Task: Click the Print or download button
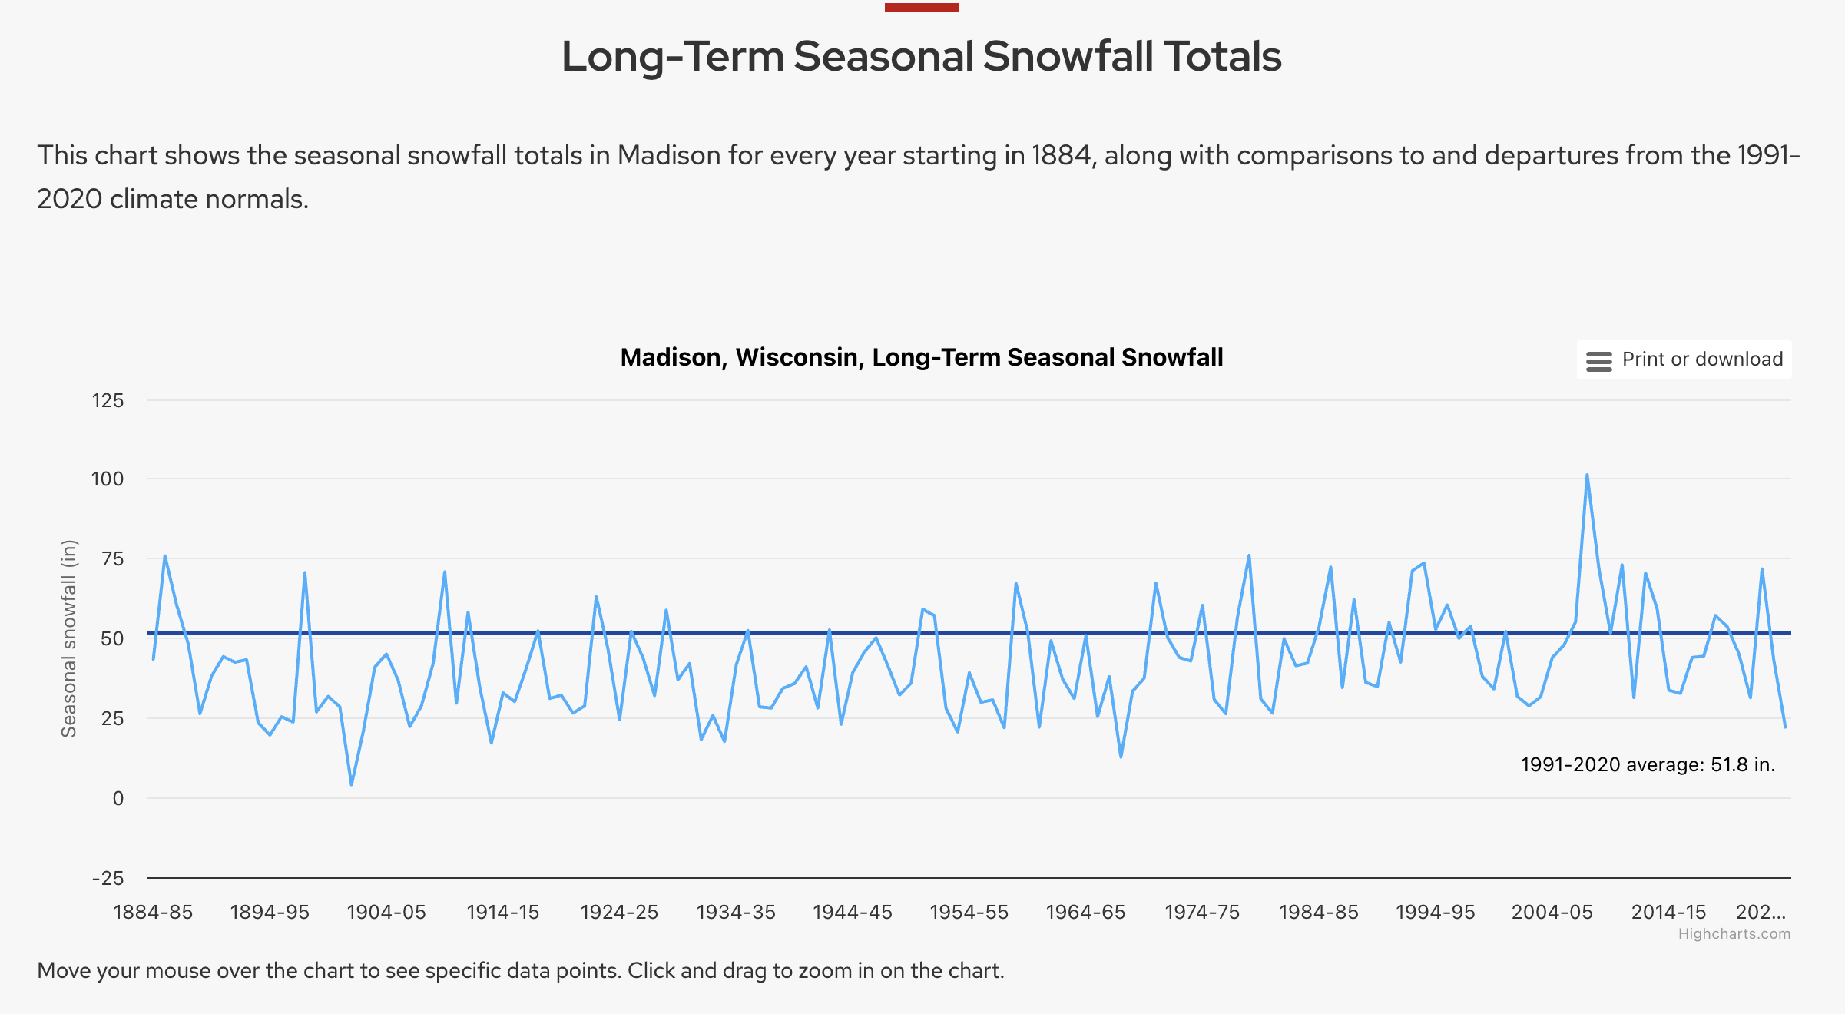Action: [x=1684, y=360]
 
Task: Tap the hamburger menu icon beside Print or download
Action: [x=1598, y=361]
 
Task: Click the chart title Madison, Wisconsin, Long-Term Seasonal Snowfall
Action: [x=921, y=357]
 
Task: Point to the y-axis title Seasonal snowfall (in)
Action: [x=69, y=638]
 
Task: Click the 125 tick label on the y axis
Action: [x=108, y=400]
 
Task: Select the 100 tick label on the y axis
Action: [x=108, y=479]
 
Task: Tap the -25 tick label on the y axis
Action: [x=108, y=878]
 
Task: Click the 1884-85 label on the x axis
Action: [x=153, y=912]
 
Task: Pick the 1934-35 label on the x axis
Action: [x=736, y=912]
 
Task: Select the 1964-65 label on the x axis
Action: [x=1085, y=912]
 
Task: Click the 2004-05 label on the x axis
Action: [x=1552, y=912]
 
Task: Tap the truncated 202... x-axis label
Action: [x=1761, y=912]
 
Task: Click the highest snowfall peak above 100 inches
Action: [x=1587, y=476]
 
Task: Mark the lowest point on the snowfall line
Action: [x=352, y=784]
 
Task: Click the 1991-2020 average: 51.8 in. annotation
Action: [x=1648, y=764]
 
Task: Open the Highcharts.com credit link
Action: [x=1734, y=933]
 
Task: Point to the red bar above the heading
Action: [x=921, y=8]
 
